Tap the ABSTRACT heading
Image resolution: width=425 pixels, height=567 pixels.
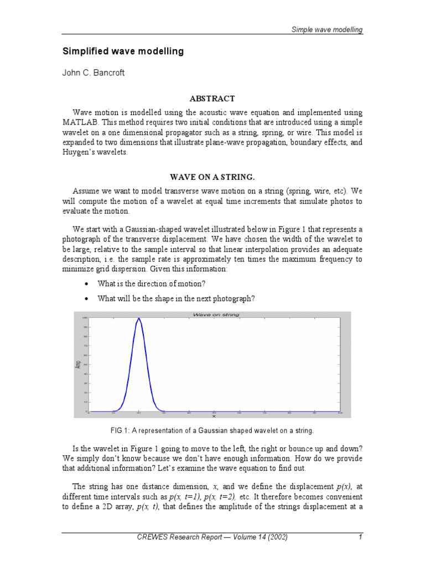click(212, 99)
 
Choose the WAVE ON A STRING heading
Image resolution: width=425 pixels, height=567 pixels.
click(212, 177)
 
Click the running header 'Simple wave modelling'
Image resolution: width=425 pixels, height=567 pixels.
click(327, 29)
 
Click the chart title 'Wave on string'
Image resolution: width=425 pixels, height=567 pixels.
click(215, 315)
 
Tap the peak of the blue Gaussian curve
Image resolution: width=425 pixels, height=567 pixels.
click(138, 318)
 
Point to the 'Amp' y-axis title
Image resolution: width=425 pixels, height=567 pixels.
click(77, 364)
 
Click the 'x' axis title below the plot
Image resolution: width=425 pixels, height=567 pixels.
click(214, 416)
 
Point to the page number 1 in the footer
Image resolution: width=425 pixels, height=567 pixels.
click(360, 537)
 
